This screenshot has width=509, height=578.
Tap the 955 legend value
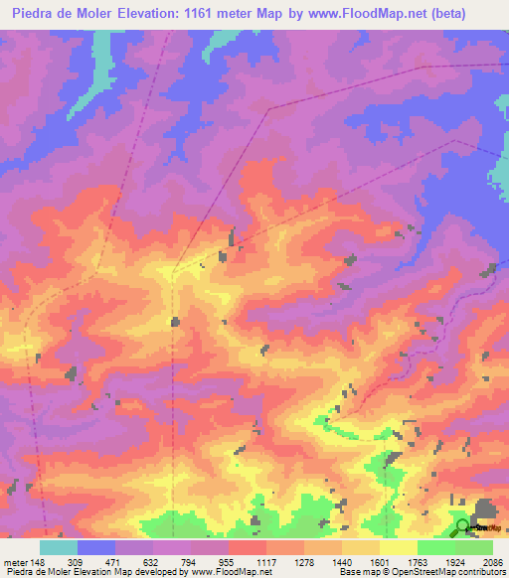(x=254, y=561)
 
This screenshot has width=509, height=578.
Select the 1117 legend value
(x=294, y=561)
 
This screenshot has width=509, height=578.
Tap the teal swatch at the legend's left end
(x=59, y=547)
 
